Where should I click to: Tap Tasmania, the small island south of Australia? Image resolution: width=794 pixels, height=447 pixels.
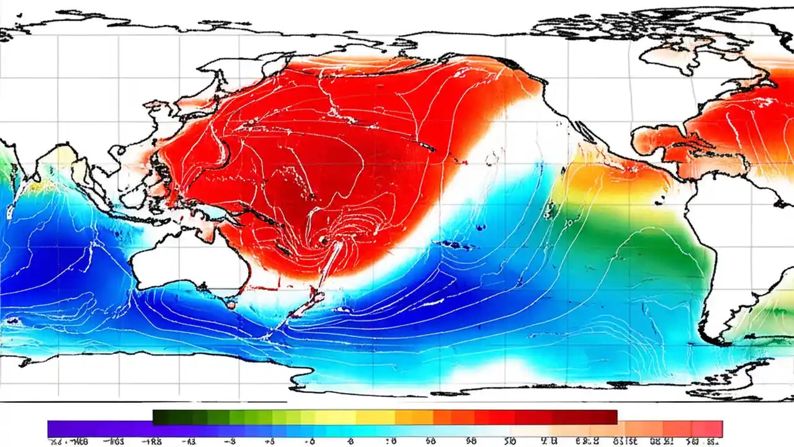(x=231, y=304)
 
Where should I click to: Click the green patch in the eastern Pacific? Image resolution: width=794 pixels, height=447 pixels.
(x=620, y=248)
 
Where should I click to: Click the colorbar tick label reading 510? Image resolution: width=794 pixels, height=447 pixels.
(x=509, y=441)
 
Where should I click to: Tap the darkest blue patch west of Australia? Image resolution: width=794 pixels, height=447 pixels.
(x=37, y=261)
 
